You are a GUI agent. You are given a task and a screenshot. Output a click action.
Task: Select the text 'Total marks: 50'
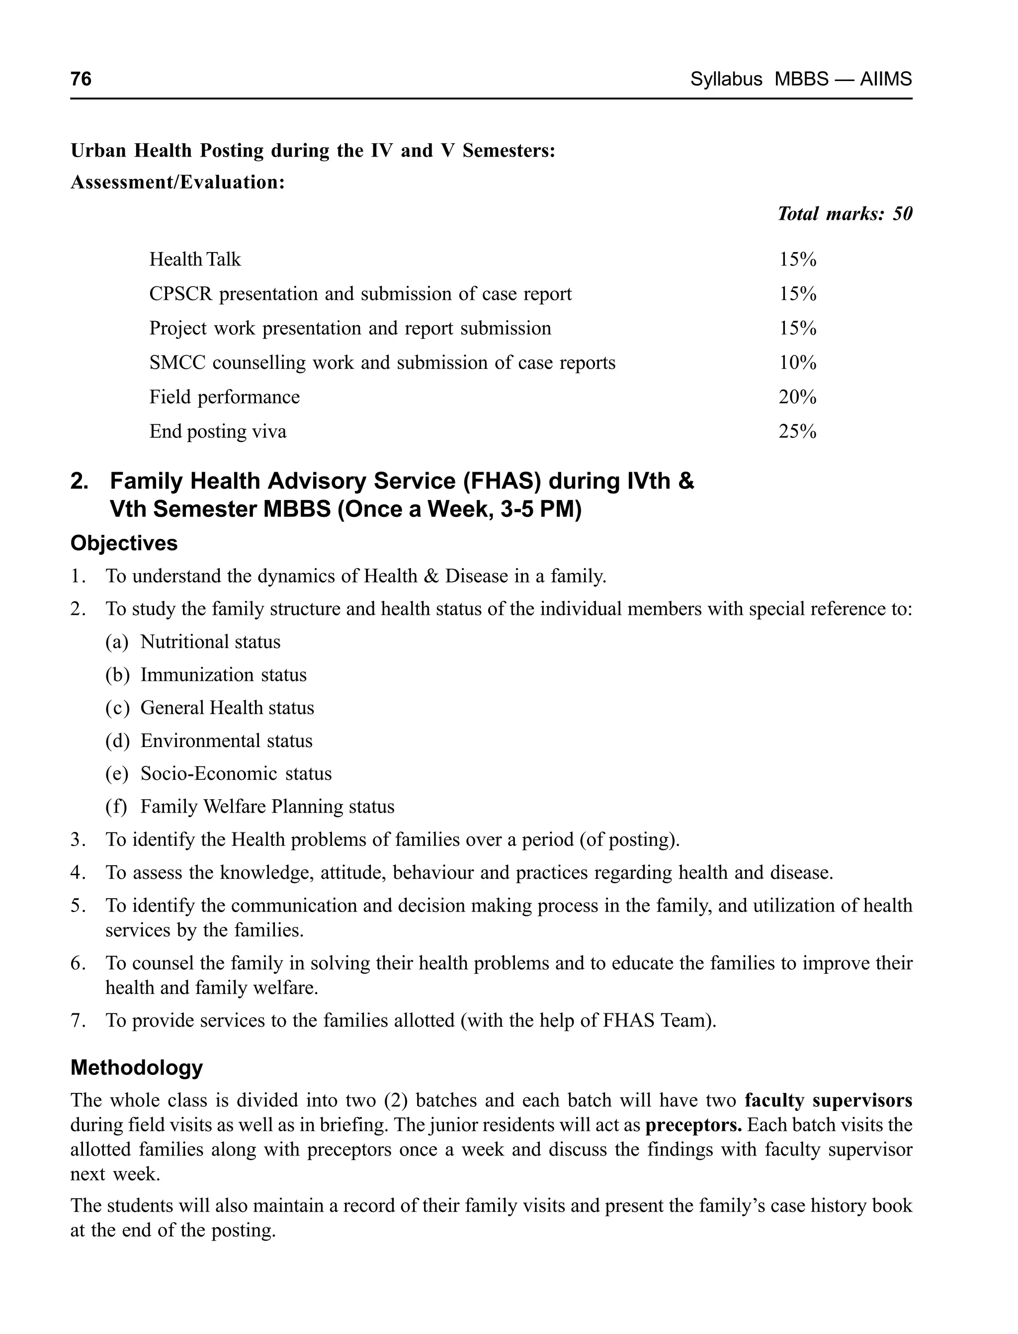[x=844, y=214]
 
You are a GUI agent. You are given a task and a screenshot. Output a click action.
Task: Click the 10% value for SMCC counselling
[x=797, y=363]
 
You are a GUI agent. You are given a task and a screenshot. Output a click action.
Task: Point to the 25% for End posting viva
[x=797, y=432]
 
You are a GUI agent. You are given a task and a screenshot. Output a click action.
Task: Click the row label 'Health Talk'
[x=195, y=260]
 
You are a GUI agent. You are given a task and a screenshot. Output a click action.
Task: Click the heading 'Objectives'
[x=124, y=543]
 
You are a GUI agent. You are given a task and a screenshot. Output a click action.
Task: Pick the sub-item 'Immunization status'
[x=224, y=675]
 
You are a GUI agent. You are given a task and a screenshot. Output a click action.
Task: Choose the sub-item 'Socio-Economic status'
[x=236, y=774]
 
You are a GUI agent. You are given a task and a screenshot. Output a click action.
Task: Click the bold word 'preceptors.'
[x=693, y=1125]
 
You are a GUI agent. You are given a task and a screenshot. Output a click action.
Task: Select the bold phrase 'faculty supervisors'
[x=828, y=1100]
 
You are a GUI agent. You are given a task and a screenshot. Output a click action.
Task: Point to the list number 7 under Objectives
[x=77, y=1021]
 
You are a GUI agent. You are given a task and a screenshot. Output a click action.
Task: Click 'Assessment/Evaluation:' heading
[x=177, y=182]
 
